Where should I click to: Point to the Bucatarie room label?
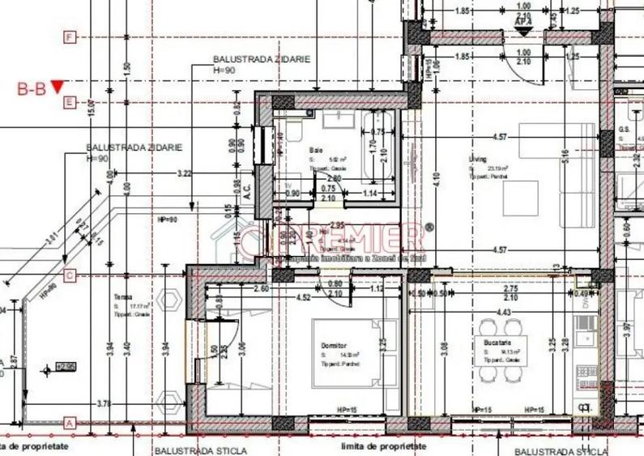[486, 343]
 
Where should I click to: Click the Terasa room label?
[122, 297]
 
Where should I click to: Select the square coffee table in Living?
[520, 198]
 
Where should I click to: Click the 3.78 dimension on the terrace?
[102, 403]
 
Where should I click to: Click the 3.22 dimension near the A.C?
[184, 173]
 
